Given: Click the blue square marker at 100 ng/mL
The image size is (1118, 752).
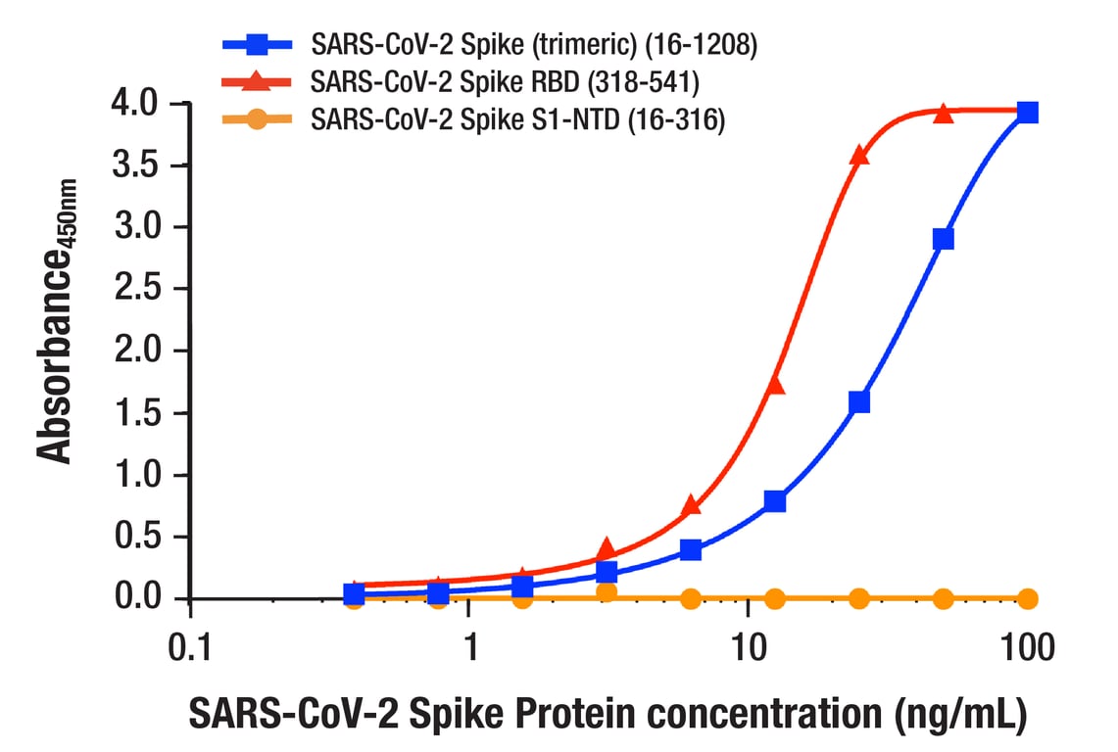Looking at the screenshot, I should (1027, 113).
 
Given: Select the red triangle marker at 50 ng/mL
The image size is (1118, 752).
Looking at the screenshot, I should (943, 114).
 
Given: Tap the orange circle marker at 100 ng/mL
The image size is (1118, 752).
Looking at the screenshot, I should (1027, 598).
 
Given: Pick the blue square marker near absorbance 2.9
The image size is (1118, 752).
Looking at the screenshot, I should (943, 240).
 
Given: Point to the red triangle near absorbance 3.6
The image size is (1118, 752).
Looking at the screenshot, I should (859, 155).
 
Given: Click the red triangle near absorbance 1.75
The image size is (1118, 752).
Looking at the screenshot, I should (775, 385).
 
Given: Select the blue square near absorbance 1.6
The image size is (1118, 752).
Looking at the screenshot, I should (859, 401).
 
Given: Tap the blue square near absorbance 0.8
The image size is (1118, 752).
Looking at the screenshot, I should (775, 501).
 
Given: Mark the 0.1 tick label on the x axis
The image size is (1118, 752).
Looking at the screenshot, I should (189, 646).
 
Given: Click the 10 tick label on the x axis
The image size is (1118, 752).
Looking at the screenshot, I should (748, 646).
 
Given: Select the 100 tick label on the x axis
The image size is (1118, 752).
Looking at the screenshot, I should (1027, 646).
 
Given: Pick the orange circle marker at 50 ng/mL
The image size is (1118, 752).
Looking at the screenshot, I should (943, 598).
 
